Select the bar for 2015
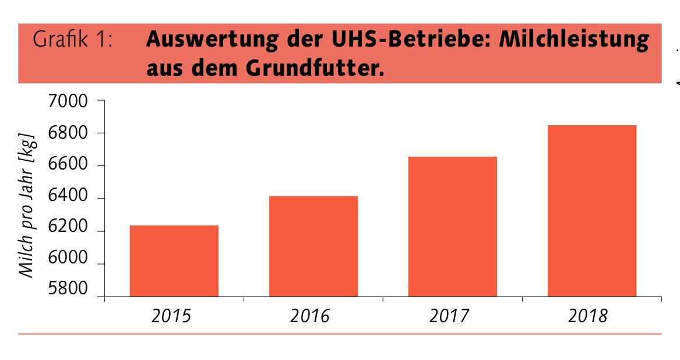coord(174,260)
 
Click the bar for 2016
coord(313,246)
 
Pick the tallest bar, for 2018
coord(592,210)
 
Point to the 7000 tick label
coord(66,101)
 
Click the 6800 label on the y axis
coord(66,133)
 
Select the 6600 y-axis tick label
coord(66,166)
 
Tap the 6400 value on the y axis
coord(66,199)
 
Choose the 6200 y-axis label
coord(66,231)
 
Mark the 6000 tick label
coord(66,263)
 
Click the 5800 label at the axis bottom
coord(66,289)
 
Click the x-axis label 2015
coord(174,316)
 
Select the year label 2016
coord(313,316)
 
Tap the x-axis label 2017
coord(453,316)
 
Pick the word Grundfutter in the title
coord(325,69)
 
